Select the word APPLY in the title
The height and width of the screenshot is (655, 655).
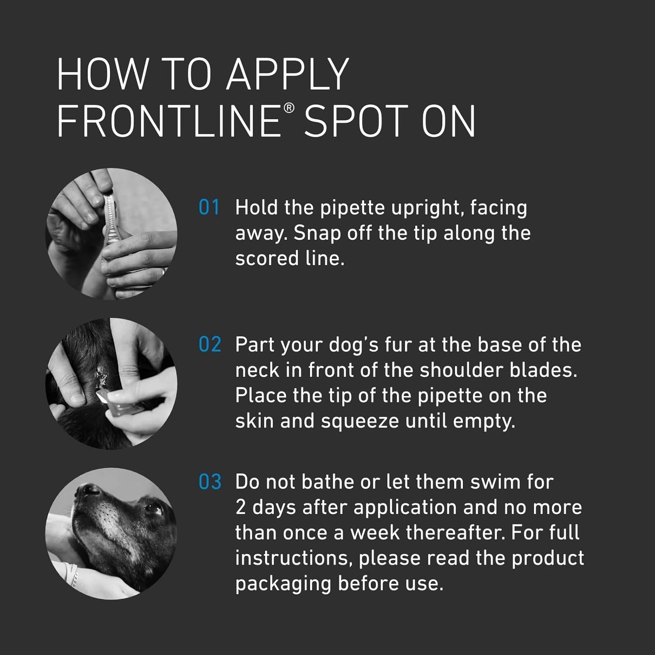pyautogui.click(x=287, y=75)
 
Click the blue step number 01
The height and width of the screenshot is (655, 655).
pyautogui.click(x=209, y=208)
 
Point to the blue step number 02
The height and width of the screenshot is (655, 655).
pyautogui.click(x=209, y=345)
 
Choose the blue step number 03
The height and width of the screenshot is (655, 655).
pyautogui.click(x=209, y=482)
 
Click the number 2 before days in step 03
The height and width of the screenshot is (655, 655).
pyautogui.click(x=241, y=508)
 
